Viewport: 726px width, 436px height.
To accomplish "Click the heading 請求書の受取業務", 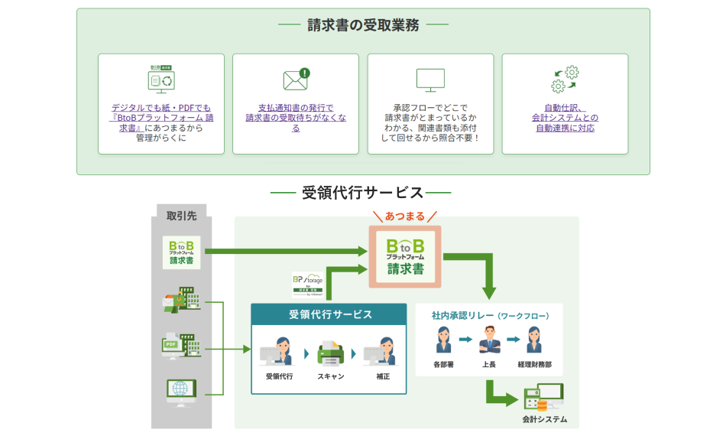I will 363,25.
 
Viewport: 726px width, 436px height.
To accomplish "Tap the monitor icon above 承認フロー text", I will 430,80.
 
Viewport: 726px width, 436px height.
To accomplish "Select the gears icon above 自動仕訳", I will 565,80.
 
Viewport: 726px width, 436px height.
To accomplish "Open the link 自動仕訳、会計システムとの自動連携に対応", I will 565,118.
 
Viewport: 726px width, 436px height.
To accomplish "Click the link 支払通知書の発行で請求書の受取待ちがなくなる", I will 296,118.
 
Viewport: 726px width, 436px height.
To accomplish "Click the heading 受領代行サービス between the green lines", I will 362,193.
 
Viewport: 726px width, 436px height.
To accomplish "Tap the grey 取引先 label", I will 181,216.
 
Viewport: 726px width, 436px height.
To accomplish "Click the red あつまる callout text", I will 404,216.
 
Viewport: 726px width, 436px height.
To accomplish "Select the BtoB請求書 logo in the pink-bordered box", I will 404,256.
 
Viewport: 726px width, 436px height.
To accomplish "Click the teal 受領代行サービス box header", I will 329,314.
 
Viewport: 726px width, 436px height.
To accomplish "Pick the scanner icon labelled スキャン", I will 331,353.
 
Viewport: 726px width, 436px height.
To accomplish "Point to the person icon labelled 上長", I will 488,339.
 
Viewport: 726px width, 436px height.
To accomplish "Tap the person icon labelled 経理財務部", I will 533,339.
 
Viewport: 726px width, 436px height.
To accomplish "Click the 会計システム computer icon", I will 543,398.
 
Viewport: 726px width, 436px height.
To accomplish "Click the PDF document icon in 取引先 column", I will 181,346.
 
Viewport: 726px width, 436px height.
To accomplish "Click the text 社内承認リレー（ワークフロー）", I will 490,315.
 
